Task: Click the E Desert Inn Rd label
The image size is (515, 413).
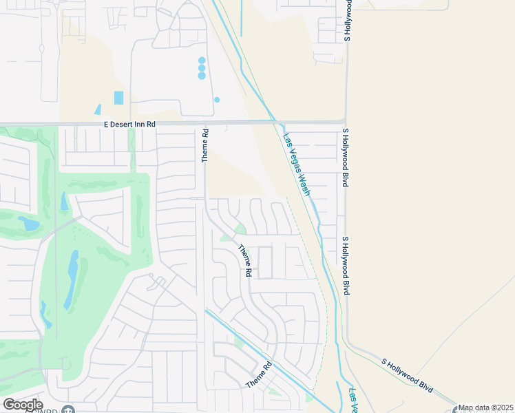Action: pos(130,124)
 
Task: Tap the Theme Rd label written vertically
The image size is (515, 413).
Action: pos(204,145)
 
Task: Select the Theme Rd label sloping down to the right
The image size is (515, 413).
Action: pos(244,260)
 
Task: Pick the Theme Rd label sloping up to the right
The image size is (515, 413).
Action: pos(260,374)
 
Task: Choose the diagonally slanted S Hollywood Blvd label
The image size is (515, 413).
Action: pos(407,374)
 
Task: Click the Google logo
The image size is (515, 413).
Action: pos(23,405)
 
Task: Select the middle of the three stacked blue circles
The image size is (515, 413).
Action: pos(202,68)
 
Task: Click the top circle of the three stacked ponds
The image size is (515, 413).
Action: pos(202,61)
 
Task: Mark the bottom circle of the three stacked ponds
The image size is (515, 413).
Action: pos(202,76)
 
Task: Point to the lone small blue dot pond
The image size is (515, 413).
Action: pos(217,100)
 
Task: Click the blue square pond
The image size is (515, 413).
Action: pos(119,98)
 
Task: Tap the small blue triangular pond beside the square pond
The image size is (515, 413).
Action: pos(98,109)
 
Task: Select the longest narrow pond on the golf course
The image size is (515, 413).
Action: pos(72,279)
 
